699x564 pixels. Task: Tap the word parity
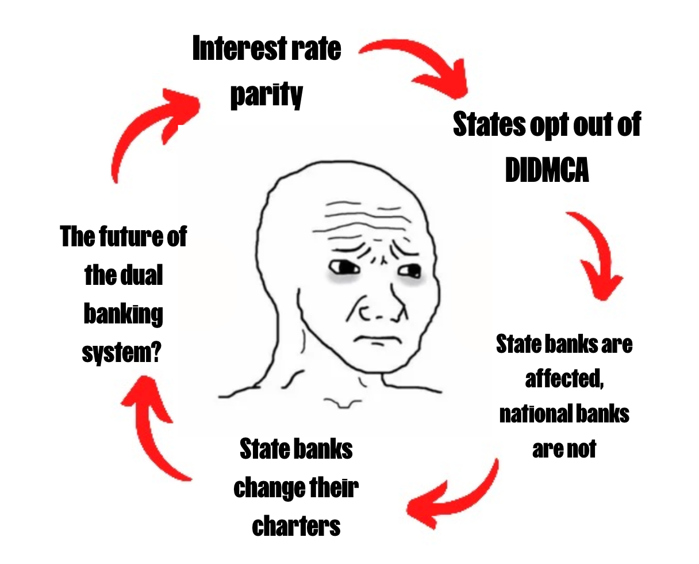tap(266, 94)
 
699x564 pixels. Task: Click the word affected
tap(563, 379)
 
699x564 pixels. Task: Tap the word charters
tap(296, 525)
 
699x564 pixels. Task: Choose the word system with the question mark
tap(121, 351)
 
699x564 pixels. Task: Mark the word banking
tap(123, 314)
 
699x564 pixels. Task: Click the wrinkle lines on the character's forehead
tap(362, 222)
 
